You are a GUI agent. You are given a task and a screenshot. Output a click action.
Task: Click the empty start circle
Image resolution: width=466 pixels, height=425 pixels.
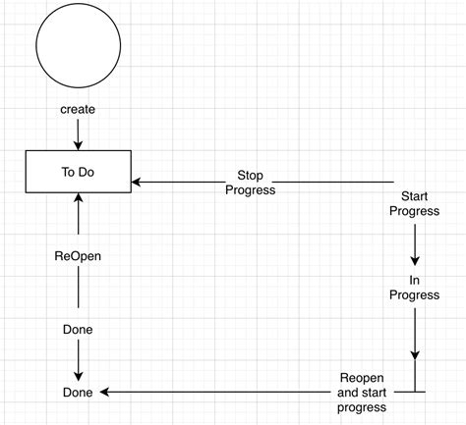[78, 46]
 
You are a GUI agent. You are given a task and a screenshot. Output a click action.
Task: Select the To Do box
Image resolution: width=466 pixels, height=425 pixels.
[78, 172]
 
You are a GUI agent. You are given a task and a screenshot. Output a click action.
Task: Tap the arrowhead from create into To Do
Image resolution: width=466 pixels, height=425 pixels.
[78, 144]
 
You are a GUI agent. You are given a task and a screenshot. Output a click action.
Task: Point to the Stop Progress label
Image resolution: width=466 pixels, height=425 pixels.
[250, 183]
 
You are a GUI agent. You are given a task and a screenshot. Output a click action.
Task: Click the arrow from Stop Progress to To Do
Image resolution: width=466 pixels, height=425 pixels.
[177, 182]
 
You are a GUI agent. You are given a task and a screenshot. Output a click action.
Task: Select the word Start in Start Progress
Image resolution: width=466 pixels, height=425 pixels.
[414, 196]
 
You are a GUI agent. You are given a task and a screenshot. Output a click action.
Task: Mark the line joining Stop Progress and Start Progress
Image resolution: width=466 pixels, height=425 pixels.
[334, 182]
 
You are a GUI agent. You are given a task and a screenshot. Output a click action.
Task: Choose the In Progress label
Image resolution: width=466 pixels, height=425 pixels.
[414, 288]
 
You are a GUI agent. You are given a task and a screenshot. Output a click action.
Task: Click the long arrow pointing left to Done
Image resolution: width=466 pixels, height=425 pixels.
[216, 393]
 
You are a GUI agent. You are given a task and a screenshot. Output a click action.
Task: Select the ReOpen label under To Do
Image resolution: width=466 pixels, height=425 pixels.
[78, 256]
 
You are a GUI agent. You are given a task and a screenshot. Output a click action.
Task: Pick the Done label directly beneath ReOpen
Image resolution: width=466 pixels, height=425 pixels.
[78, 330]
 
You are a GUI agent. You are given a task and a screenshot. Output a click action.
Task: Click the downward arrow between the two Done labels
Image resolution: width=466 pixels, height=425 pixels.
[78, 363]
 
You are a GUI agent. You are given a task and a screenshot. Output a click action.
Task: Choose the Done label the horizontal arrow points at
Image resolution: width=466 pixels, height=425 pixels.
[78, 393]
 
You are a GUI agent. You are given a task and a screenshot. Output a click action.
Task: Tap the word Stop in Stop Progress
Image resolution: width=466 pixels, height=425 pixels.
[250, 176]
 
